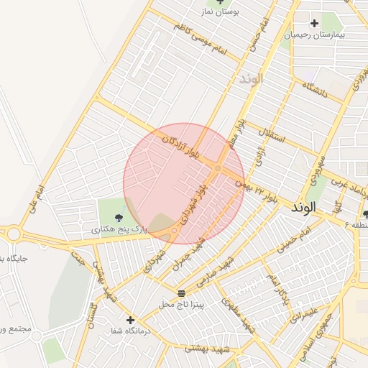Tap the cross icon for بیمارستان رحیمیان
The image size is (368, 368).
point(314,23)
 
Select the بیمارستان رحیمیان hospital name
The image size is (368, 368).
point(314,34)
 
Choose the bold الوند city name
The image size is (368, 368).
point(304,207)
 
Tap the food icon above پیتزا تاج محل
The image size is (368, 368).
point(181,293)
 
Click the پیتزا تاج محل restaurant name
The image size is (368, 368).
point(182,305)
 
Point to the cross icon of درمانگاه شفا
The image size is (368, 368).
point(130,320)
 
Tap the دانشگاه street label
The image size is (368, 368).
point(316,91)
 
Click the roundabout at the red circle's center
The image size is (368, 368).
point(217,168)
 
